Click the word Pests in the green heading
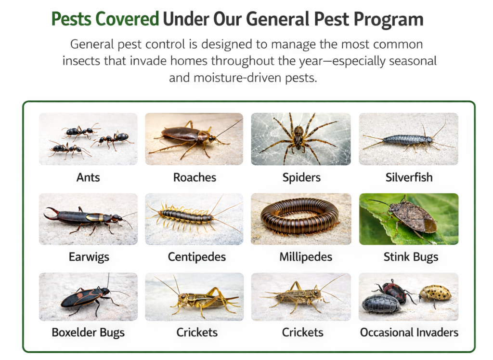[x=71, y=19]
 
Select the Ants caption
[x=88, y=177]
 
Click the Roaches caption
[x=195, y=177]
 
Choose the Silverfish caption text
[x=409, y=177]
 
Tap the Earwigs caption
[x=89, y=257]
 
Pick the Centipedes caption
[x=197, y=257]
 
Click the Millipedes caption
[x=306, y=257]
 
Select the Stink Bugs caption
[x=411, y=257]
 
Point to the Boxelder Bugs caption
[x=88, y=333]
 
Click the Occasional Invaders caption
[x=409, y=333]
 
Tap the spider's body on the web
[x=298, y=135]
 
